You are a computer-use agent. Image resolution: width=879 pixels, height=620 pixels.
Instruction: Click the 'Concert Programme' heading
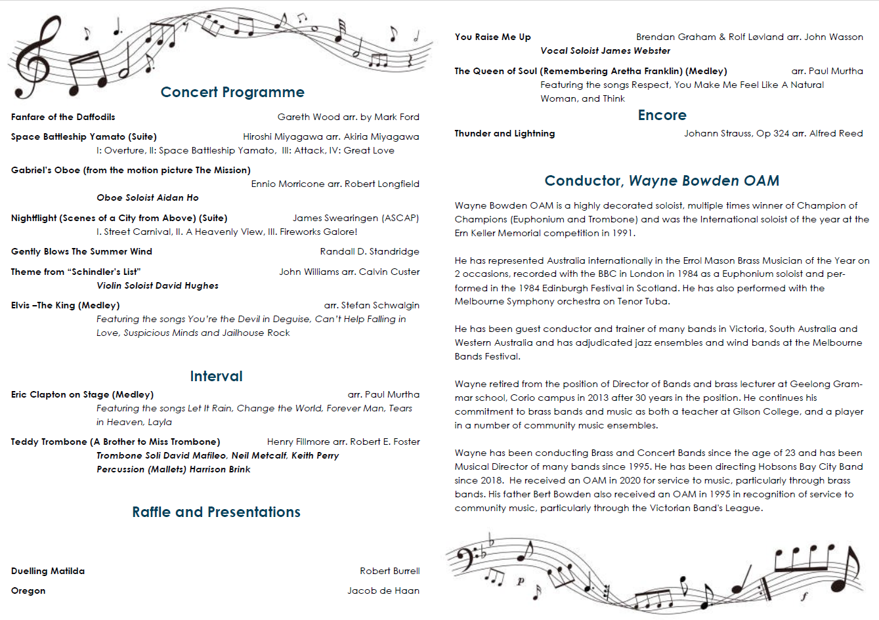coord(232,93)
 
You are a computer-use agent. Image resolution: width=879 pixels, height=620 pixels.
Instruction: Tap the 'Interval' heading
coord(216,377)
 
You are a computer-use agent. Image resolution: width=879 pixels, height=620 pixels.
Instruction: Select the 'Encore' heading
coord(662,115)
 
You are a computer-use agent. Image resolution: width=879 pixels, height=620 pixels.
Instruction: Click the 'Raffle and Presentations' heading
coord(216,512)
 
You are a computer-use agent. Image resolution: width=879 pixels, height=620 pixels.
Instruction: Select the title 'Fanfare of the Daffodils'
coord(63,117)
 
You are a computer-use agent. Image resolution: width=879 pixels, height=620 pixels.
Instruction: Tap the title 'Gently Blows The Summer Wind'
coord(81,252)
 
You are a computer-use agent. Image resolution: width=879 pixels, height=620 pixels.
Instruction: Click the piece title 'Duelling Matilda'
coord(48,571)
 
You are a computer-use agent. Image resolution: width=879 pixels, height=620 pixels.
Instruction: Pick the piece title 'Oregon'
coord(28,591)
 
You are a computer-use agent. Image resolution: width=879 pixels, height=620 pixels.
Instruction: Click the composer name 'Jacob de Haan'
coord(383,591)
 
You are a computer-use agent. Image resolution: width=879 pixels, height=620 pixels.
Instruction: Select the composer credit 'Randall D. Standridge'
coord(370,252)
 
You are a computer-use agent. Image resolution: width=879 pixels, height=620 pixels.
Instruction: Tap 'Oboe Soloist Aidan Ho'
coord(148,198)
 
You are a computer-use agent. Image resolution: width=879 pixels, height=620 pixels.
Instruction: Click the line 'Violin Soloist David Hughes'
coord(158,286)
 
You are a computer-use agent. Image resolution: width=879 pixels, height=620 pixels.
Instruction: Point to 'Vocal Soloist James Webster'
coord(605,51)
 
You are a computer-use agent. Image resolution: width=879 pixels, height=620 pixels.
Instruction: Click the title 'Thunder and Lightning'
coord(505,134)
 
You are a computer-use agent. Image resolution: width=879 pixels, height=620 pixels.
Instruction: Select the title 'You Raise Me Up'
coord(493,37)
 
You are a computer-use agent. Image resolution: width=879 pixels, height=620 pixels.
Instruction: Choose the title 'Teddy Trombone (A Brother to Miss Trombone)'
coord(116,442)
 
